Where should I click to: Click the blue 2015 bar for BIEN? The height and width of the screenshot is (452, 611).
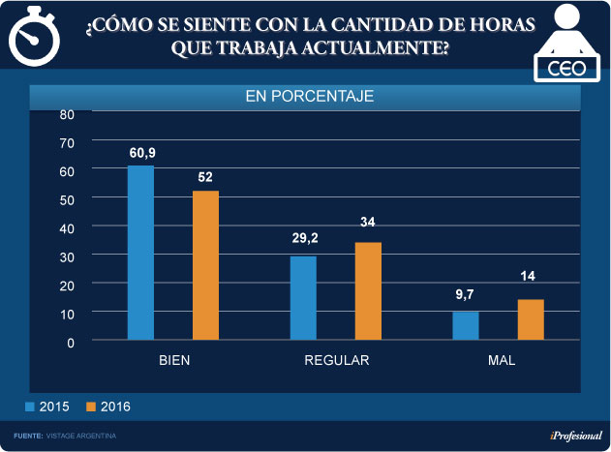pos(140,253)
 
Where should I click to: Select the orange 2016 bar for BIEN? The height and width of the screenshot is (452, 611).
pos(205,265)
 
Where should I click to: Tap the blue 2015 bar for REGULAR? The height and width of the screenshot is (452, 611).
pos(303,298)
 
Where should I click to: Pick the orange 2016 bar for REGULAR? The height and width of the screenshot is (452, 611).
pos(368,291)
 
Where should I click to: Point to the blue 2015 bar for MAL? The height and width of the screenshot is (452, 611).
pos(466,325)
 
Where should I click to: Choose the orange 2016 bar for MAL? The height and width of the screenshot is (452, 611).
pos(531,319)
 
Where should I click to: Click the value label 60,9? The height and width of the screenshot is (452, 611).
pos(141,153)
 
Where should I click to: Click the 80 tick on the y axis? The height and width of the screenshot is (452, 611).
pos(67,113)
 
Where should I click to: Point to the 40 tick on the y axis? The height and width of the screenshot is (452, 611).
pos(67,227)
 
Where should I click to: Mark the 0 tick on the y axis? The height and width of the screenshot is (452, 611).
pos(70,341)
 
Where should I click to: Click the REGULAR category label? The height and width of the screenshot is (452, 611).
pos(337,360)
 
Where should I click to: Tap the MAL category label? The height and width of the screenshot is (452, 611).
pos(501,360)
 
